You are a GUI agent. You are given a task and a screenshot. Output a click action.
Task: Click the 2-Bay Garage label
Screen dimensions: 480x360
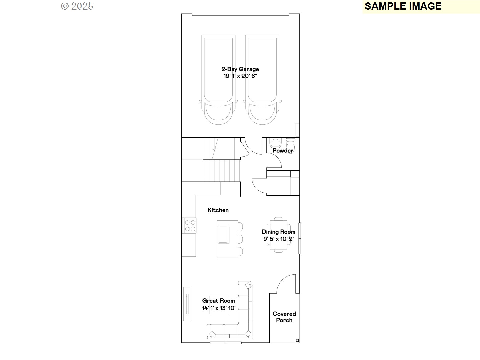240,69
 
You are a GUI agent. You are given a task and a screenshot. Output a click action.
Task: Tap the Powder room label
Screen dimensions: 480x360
283,151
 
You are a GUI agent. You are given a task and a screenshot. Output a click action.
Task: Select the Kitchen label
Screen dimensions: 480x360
218,210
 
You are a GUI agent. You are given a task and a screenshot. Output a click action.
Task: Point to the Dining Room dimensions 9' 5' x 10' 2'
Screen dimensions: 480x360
278,239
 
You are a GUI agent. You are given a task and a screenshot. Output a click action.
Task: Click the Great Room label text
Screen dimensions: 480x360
218,301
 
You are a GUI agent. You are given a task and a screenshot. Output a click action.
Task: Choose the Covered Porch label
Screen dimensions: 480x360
284,317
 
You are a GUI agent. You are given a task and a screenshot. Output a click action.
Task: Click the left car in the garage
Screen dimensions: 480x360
218,80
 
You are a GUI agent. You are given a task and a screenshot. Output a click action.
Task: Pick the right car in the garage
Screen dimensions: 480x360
262,80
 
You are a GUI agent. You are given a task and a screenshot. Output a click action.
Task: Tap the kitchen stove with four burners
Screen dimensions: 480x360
190,226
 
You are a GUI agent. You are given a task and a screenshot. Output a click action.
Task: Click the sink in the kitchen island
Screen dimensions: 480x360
223,234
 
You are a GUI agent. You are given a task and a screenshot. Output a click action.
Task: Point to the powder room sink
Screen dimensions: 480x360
275,143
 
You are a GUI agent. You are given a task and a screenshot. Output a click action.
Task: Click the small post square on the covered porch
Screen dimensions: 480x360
297,340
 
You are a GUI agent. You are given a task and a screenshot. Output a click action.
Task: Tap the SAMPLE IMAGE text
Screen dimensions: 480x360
403,6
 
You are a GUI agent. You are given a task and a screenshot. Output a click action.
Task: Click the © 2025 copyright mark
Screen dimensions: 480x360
77,6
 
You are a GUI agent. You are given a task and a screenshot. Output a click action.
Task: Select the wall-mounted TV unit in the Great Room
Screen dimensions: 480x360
187,304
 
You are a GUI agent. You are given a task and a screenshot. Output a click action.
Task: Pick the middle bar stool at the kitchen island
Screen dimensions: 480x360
240,239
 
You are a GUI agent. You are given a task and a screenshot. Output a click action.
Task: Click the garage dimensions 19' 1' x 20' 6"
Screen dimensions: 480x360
240,76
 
